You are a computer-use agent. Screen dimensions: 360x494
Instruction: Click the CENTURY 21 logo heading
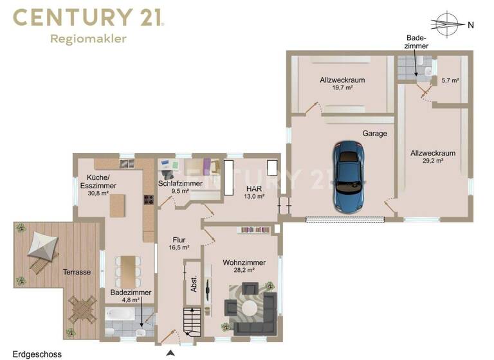point(88,17)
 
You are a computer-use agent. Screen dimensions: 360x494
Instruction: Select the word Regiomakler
point(88,39)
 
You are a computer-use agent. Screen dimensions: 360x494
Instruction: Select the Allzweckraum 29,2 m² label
point(433,157)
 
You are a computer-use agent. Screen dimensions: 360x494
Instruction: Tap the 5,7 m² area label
point(450,80)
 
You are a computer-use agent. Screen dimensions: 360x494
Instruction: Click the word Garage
point(374,134)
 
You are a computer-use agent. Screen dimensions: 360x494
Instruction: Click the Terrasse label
point(77,272)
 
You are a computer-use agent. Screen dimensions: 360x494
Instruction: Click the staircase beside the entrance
point(192,321)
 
